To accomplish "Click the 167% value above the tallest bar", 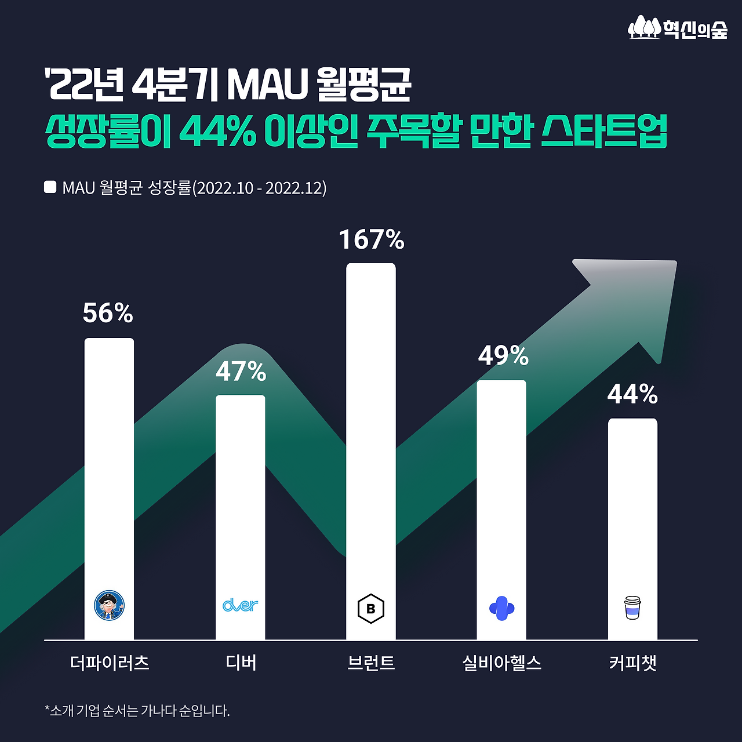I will tap(371, 239).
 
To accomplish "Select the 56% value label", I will tap(108, 313).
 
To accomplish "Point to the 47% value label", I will tap(241, 372).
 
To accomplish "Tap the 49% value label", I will tap(503, 355).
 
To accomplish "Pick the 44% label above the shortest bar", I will tap(632, 395).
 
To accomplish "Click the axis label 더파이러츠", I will tap(110, 663).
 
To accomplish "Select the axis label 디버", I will tap(241, 663).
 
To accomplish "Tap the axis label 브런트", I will tap(371, 663).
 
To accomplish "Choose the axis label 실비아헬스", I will tap(502, 663).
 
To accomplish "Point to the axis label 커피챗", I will tap(632, 663).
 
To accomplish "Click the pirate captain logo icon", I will tap(109, 606).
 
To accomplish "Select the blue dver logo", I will tap(240, 605).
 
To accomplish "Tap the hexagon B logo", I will tap(371, 609).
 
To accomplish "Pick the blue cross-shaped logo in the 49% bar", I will tap(501, 608).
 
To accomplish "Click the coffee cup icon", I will tap(632, 608).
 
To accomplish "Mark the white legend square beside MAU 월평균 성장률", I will tap(50, 187).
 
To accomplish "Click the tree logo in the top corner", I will tap(645, 27).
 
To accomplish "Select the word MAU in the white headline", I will tap(267, 85).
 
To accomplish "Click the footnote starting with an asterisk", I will tap(137, 711).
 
